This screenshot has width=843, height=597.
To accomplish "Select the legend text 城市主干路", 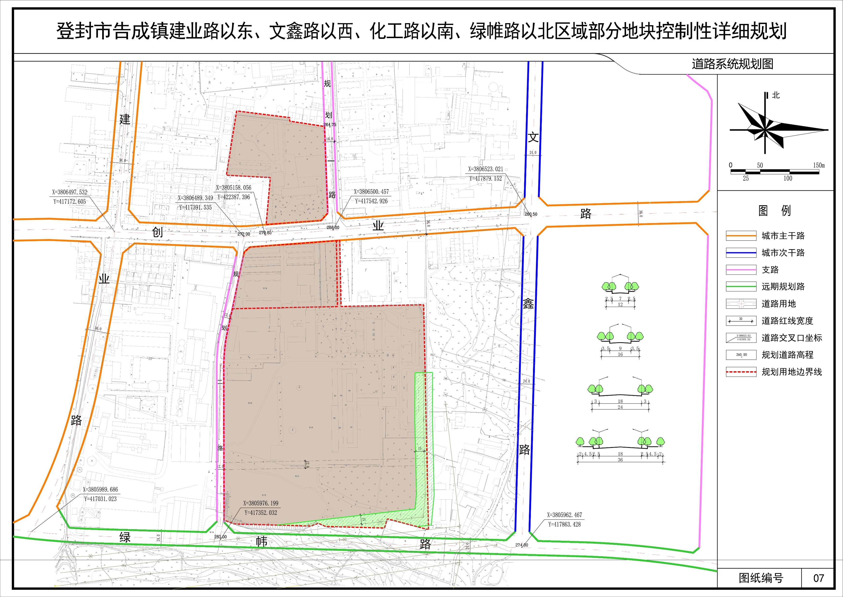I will point(783,236).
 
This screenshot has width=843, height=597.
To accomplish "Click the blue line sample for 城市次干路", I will point(741,253).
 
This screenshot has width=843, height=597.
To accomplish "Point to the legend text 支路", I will point(770,270).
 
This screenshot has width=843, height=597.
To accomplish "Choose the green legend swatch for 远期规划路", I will point(741,286).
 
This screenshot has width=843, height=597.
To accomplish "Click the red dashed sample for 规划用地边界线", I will point(741,372).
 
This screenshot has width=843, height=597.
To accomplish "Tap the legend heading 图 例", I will point(775,211).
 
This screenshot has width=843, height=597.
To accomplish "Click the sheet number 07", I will point(819,578).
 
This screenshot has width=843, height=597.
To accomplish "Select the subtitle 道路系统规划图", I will point(732,64).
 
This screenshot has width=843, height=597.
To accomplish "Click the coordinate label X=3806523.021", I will point(485,169).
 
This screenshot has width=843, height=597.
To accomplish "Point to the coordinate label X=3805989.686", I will point(100,489).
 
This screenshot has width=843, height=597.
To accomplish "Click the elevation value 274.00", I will point(522,545).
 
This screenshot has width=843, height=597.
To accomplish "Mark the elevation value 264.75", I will point(329,125).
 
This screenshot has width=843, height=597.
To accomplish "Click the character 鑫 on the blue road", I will point(528,304).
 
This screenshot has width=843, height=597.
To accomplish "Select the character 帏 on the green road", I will point(261,542).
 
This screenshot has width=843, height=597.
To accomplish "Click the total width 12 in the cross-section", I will point(620,305).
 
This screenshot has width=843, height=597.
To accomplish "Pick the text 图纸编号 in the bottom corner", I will point(761,578).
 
